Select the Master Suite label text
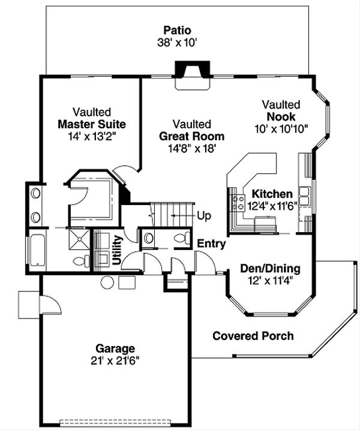coord(92,125)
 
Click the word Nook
coord(281,116)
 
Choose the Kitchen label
coord(272,194)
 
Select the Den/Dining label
coord(270,268)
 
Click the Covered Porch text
coord(253,336)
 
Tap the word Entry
coord(211,244)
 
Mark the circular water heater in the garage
coord(108,282)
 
